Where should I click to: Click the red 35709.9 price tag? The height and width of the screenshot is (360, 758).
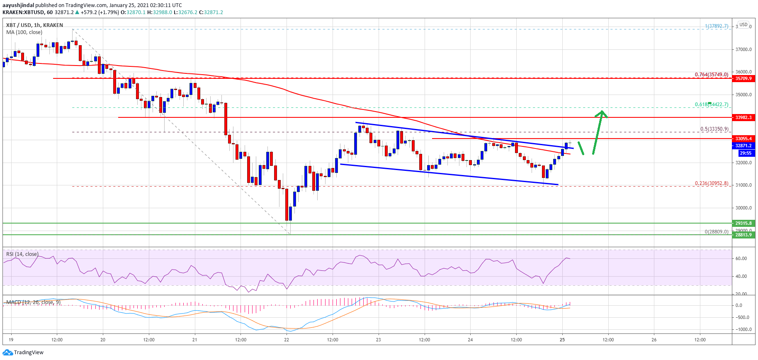tap(743, 78)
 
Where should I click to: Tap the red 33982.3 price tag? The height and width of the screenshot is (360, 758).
tap(743, 117)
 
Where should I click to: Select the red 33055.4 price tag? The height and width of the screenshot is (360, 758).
tap(743, 139)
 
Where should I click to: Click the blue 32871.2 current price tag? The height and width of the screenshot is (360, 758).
tap(743, 146)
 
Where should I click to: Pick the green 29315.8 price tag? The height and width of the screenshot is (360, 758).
tap(743, 223)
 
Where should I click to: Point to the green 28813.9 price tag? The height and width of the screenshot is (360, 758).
tap(743, 235)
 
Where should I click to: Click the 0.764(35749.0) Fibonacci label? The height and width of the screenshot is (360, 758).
tap(711, 75)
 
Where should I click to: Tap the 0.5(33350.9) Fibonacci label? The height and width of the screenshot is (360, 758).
tap(714, 129)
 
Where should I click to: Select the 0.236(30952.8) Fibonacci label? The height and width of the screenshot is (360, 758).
tap(711, 183)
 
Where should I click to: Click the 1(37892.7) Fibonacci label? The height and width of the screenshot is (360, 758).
tap(717, 26)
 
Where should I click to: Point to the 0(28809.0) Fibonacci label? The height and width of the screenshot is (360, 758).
tap(716, 232)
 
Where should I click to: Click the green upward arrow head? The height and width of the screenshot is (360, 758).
tap(602, 113)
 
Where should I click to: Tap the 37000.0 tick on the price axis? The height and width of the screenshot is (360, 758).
tap(743, 49)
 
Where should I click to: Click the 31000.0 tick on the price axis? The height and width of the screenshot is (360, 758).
tap(743, 185)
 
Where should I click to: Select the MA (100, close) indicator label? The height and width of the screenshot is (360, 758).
tap(24, 32)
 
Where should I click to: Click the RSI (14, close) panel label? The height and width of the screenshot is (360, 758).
tap(22, 254)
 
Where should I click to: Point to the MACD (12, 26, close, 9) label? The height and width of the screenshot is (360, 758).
tap(33, 302)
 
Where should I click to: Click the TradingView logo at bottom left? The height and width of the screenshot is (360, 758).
tap(23, 353)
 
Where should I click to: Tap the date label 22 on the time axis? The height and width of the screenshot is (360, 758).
tap(287, 340)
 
